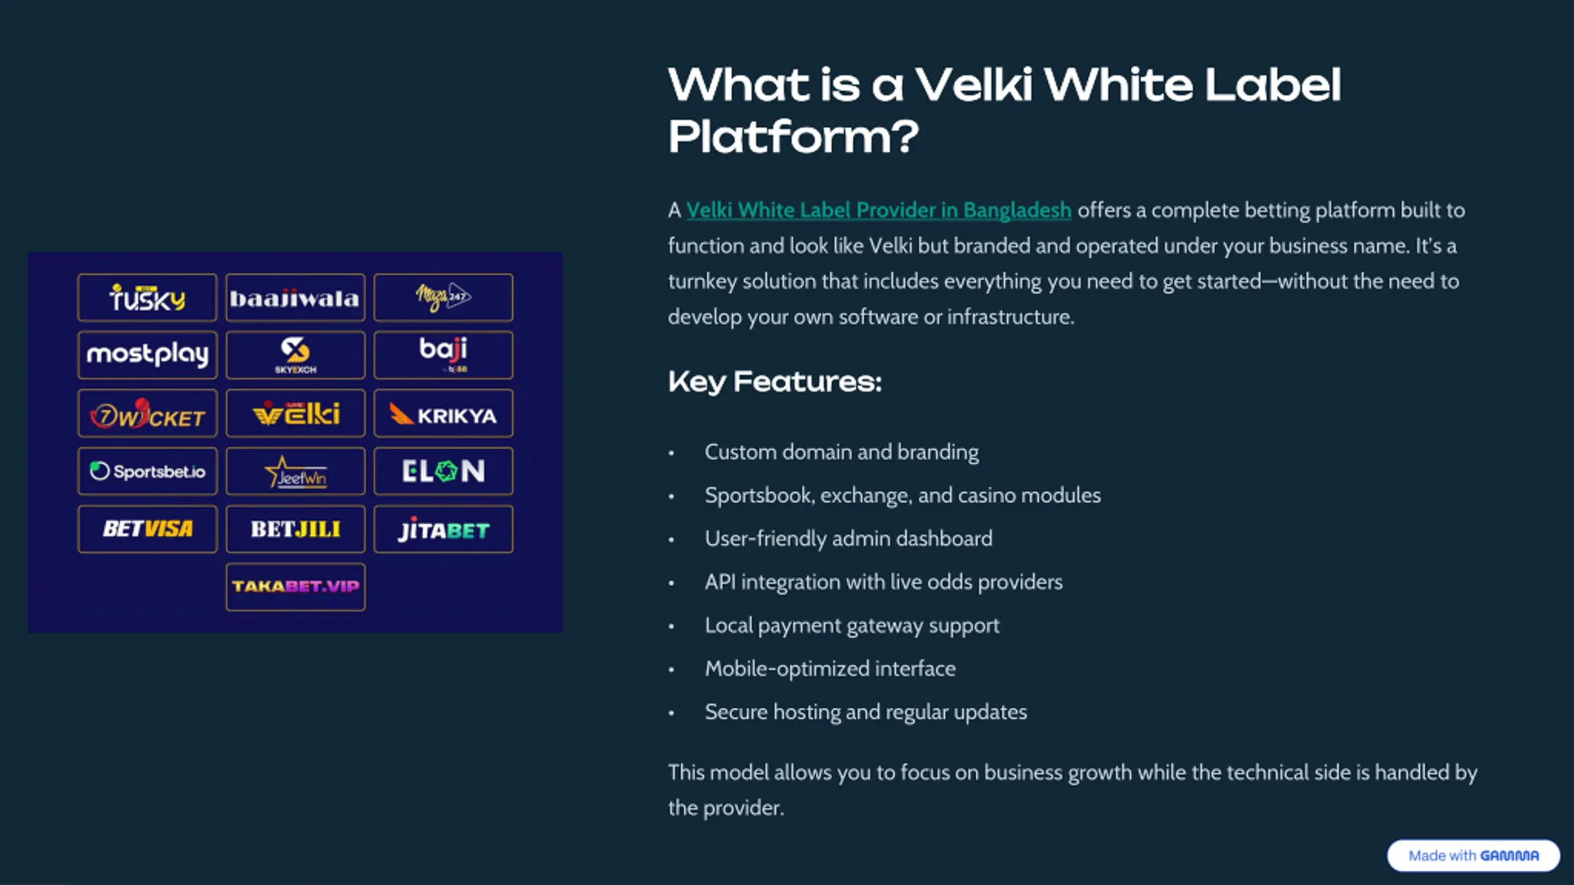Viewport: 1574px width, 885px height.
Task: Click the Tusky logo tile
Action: click(x=147, y=298)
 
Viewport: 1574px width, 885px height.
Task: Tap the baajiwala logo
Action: click(x=295, y=298)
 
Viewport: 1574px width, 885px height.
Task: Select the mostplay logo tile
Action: click(x=147, y=355)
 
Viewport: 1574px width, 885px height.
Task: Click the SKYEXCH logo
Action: click(x=295, y=355)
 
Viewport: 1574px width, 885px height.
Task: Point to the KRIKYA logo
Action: click(x=443, y=414)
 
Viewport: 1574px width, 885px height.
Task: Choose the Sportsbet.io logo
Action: click(x=147, y=471)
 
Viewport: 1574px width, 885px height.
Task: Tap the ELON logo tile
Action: click(x=443, y=471)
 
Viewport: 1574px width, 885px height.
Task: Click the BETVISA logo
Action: click(x=147, y=529)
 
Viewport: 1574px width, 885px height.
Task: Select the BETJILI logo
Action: click(x=295, y=529)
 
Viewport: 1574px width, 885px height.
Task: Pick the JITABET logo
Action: click(x=443, y=529)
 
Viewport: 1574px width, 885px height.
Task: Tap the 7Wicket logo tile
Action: click(x=147, y=414)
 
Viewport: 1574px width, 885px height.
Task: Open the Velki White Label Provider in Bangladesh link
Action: click(x=879, y=210)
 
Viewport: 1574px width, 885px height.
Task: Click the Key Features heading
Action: click(x=775, y=382)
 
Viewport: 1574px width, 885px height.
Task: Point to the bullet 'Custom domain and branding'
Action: click(x=841, y=452)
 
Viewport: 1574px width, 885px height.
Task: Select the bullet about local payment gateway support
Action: click(x=852, y=626)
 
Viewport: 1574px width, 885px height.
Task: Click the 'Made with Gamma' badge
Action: click(x=1473, y=855)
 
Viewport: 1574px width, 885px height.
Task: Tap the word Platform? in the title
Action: click(x=793, y=136)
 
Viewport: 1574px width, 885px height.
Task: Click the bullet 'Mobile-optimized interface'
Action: click(x=830, y=669)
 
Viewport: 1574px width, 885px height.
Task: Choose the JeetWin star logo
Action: click(x=295, y=471)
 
